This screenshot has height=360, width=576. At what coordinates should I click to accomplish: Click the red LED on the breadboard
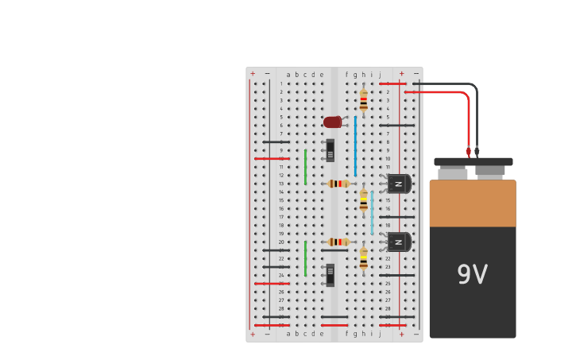(333, 122)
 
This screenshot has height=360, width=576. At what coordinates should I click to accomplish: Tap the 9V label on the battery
(472, 275)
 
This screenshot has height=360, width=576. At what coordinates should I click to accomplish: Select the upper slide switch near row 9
(330, 150)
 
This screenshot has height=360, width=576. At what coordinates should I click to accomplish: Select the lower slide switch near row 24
(330, 275)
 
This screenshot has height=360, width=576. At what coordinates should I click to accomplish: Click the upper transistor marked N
(398, 184)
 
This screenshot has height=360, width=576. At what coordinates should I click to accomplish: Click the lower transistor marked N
(398, 242)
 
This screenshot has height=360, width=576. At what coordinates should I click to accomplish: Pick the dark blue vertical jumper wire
(355, 145)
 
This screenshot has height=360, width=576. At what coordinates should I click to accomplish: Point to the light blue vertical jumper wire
(371, 212)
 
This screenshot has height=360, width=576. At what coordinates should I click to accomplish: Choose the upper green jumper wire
(305, 167)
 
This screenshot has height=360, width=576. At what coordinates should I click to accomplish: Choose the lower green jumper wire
(305, 258)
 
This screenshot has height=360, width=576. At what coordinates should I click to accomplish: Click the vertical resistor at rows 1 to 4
(363, 99)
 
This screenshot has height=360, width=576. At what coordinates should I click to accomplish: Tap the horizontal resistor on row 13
(338, 184)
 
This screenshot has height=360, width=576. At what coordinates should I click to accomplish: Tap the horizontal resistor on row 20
(338, 242)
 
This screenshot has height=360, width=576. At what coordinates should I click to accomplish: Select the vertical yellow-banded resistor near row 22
(363, 258)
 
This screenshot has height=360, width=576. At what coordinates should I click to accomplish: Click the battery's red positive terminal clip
(469, 151)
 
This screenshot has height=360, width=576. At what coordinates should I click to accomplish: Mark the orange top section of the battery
(472, 203)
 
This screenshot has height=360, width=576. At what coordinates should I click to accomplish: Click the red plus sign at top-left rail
(253, 74)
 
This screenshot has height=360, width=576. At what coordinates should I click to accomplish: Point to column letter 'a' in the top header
(288, 75)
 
